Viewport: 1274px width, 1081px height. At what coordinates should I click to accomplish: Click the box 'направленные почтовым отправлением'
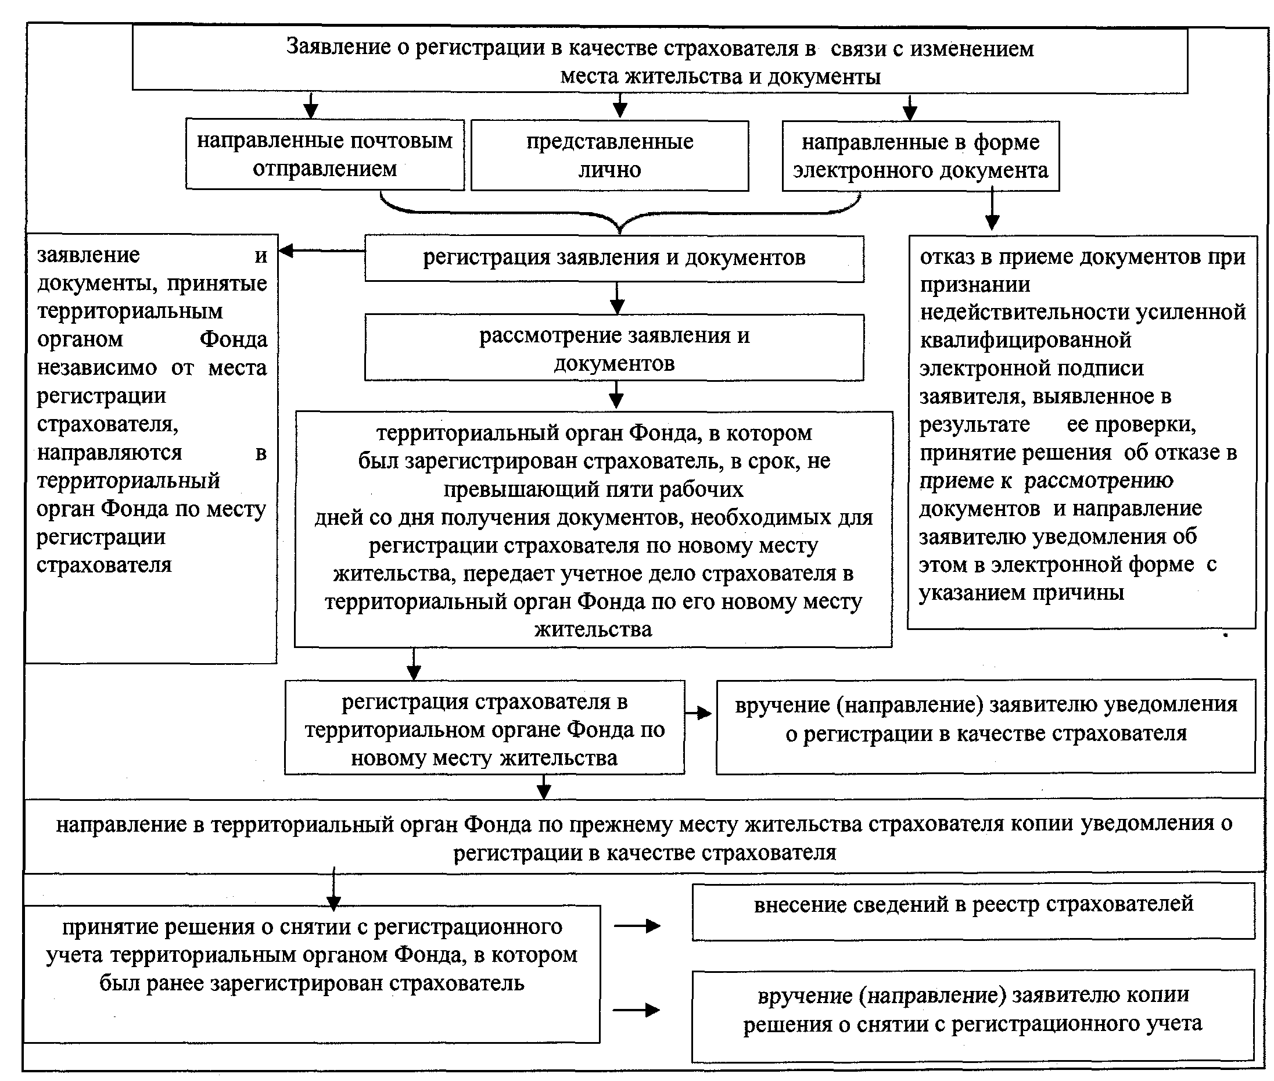[325, 155]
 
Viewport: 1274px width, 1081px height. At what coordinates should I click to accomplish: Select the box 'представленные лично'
[609, 156]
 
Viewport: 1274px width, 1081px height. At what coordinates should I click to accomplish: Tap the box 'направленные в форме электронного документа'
[921, 156]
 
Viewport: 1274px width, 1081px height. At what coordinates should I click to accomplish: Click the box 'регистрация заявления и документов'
[613, 258]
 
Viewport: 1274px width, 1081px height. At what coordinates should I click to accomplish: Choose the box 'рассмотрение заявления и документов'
[613, 348]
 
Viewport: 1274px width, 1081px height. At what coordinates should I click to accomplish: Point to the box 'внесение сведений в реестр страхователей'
[973, 911]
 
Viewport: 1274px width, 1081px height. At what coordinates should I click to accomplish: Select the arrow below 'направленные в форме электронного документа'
[992, 212]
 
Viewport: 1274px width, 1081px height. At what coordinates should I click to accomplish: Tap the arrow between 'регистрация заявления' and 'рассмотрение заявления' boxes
[618, 299]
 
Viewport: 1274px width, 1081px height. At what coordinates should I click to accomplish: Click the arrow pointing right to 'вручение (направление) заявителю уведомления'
[699, 713]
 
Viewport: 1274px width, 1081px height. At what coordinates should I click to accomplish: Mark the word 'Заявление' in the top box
[339, 46]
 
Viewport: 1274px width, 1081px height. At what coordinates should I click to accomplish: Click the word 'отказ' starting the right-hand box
[947, 257]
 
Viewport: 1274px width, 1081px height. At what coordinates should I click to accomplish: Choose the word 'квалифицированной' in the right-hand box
[1025, 340]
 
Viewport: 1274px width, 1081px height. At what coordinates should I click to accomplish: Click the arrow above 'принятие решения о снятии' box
[334, 889]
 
